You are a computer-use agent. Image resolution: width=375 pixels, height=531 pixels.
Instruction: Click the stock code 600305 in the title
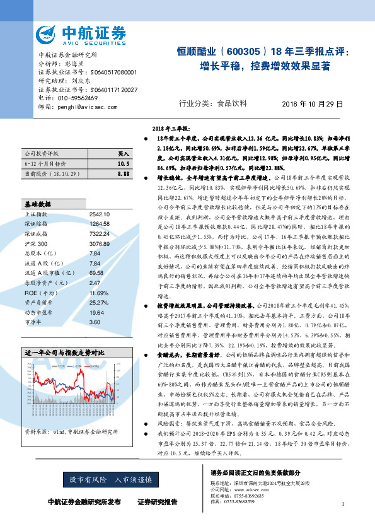point(241,52)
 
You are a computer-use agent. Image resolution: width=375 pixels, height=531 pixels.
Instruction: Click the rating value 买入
point(124,153)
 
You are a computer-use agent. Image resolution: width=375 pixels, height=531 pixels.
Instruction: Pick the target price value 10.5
point(124,163)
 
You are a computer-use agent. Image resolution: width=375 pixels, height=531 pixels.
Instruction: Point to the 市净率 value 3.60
point(96,322)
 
